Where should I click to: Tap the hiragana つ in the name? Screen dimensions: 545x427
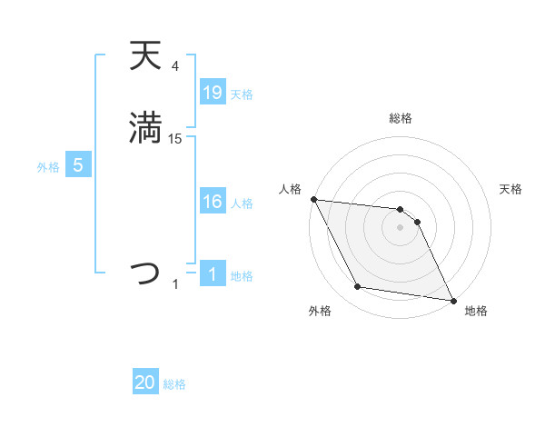(145, 273)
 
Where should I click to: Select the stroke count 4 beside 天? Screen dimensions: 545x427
(175, 66)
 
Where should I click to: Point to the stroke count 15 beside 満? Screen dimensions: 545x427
(175, 139)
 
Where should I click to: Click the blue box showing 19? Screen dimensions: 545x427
(212, 93)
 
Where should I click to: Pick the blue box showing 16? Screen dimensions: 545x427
(212, 202)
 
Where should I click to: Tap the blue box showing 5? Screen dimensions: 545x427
(78, 165)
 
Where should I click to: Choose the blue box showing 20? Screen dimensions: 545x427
(145, 383)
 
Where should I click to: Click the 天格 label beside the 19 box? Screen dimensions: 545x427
(242, 94)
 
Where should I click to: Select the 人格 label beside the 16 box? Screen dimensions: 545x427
(242, 204)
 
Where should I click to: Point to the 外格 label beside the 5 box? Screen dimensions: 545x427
(48, 167)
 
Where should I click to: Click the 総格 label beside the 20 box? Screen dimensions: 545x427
(174, 385)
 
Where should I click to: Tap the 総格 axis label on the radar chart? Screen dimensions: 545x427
(401, 118)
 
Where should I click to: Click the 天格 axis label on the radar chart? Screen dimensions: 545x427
(511, 189)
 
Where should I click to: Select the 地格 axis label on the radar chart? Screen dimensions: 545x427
(476, 312)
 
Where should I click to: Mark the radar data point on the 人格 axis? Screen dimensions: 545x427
(313, 199)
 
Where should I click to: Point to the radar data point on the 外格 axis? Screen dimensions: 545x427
(357, 287)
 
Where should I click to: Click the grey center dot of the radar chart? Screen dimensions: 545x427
(401, 227)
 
